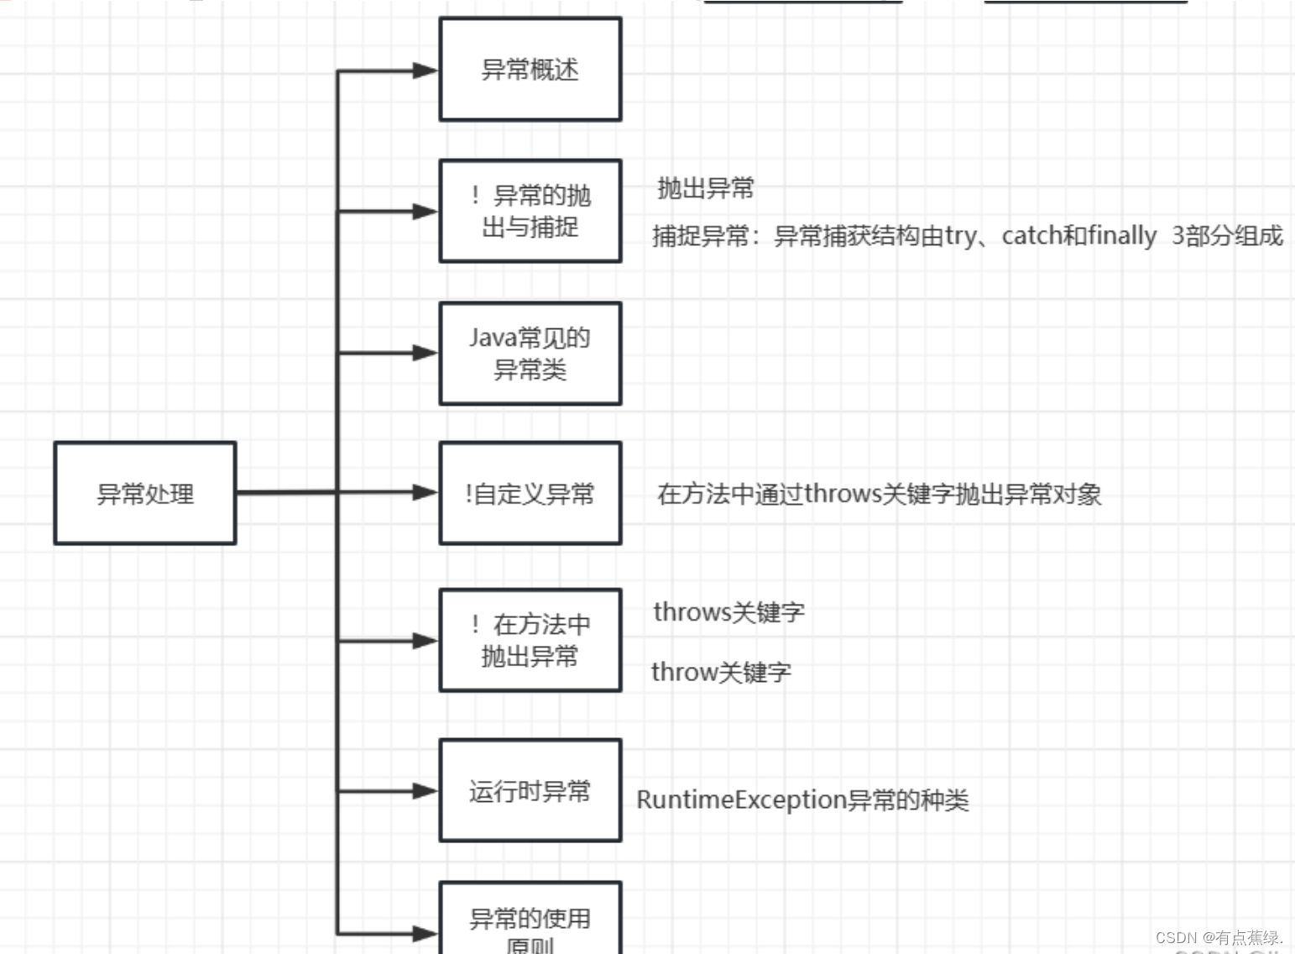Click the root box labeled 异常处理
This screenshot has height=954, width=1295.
145,493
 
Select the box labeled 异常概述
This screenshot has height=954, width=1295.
530,70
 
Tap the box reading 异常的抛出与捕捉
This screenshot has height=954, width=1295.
530,211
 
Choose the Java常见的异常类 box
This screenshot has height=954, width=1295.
530,354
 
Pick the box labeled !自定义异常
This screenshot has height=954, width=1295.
530,493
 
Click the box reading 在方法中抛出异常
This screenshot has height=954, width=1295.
530,640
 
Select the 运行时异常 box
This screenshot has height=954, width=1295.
530,790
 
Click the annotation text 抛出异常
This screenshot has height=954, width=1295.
706,188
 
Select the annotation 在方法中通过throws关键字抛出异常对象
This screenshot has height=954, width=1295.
879,494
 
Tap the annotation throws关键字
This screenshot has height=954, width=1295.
728,612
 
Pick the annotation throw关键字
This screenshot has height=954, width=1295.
721,672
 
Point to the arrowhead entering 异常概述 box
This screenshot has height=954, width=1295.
426,71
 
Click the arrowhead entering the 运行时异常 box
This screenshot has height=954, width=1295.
426,790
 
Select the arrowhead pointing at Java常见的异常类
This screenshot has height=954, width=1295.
426,354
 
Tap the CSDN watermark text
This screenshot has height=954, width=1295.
1219,937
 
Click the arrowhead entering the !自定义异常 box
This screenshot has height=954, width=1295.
426,493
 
